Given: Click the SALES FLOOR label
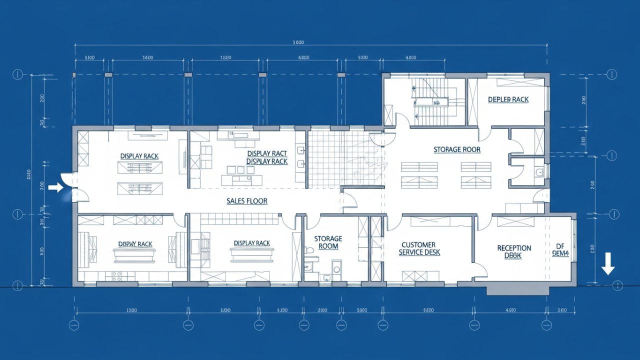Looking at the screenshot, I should pos(246,201).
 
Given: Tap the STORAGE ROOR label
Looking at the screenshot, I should pos(456,149).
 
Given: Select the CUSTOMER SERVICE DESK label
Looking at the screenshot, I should pos(419,248).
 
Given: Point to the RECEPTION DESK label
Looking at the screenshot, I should pos(513,251).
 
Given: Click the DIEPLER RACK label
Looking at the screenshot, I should pos(508,99).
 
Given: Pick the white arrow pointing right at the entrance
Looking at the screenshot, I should pos(56,187).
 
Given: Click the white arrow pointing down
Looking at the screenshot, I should pos(608,263).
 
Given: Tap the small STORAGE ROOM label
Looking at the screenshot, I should pos(328,242).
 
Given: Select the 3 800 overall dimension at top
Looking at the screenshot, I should pos(298,42).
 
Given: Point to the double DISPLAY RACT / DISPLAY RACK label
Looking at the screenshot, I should pos(267,157).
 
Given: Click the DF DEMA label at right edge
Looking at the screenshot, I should pos(560,249).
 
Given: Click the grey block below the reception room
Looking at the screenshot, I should pos(517,288).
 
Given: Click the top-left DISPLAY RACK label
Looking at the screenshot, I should pos(139,156).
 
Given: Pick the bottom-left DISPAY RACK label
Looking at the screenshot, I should pos(135,244).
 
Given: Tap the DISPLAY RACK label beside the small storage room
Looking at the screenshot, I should pos(251,243).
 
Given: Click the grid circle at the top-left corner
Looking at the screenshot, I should pos(18,74).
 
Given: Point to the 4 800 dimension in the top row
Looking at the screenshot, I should pos(303,58).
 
